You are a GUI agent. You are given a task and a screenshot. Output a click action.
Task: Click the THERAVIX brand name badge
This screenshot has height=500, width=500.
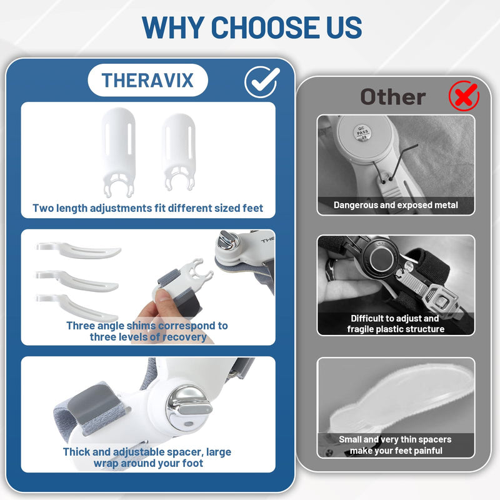click(147, 80)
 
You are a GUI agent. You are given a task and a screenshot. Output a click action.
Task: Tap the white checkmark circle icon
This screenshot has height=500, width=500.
click(261, 82)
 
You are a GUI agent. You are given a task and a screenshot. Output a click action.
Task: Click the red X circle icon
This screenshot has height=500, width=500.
click(464, 96)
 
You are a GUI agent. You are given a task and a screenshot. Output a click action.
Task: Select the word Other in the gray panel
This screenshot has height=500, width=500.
click(393, 97)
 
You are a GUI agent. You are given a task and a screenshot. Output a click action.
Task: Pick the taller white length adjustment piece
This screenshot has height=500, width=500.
click(118, 152)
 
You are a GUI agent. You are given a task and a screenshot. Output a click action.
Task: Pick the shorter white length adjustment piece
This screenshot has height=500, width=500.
click(179, 152)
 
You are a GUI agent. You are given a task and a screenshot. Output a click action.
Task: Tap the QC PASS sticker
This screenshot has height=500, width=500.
click(362, 132)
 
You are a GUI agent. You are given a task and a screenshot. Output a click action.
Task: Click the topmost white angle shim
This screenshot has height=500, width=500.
click(79, 250)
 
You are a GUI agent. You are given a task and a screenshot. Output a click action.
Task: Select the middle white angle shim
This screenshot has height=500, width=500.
click(77, 280)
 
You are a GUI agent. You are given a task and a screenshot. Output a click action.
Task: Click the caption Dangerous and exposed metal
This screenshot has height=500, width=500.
click(396, 205)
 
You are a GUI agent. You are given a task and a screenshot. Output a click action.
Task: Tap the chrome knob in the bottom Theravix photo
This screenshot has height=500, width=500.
click(189, 408)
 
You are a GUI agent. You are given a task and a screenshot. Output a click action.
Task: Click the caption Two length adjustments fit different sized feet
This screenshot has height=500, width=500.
click(147, 208)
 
